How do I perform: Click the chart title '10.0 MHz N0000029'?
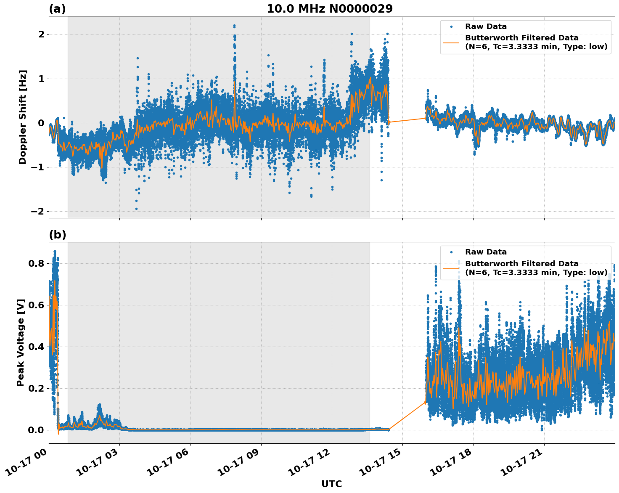[329, 9]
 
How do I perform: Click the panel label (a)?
[57, 9]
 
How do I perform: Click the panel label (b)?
[57, 235]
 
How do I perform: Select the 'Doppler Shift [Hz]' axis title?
[23, 117]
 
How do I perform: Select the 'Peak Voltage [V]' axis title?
[21, 342]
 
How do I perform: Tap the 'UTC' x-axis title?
[331, 484]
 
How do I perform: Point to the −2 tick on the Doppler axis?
[37, 211]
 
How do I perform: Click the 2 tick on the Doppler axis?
[41, 34]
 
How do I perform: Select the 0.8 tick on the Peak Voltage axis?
[35, 264]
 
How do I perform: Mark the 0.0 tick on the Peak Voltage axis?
[35, 430]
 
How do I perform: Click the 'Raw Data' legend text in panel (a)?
[486, 27]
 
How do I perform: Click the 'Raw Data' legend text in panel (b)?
[486, 252]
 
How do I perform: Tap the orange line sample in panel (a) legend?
[451, 42]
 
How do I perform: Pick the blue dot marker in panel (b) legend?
[451, 252]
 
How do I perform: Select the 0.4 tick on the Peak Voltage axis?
[35, 347]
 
